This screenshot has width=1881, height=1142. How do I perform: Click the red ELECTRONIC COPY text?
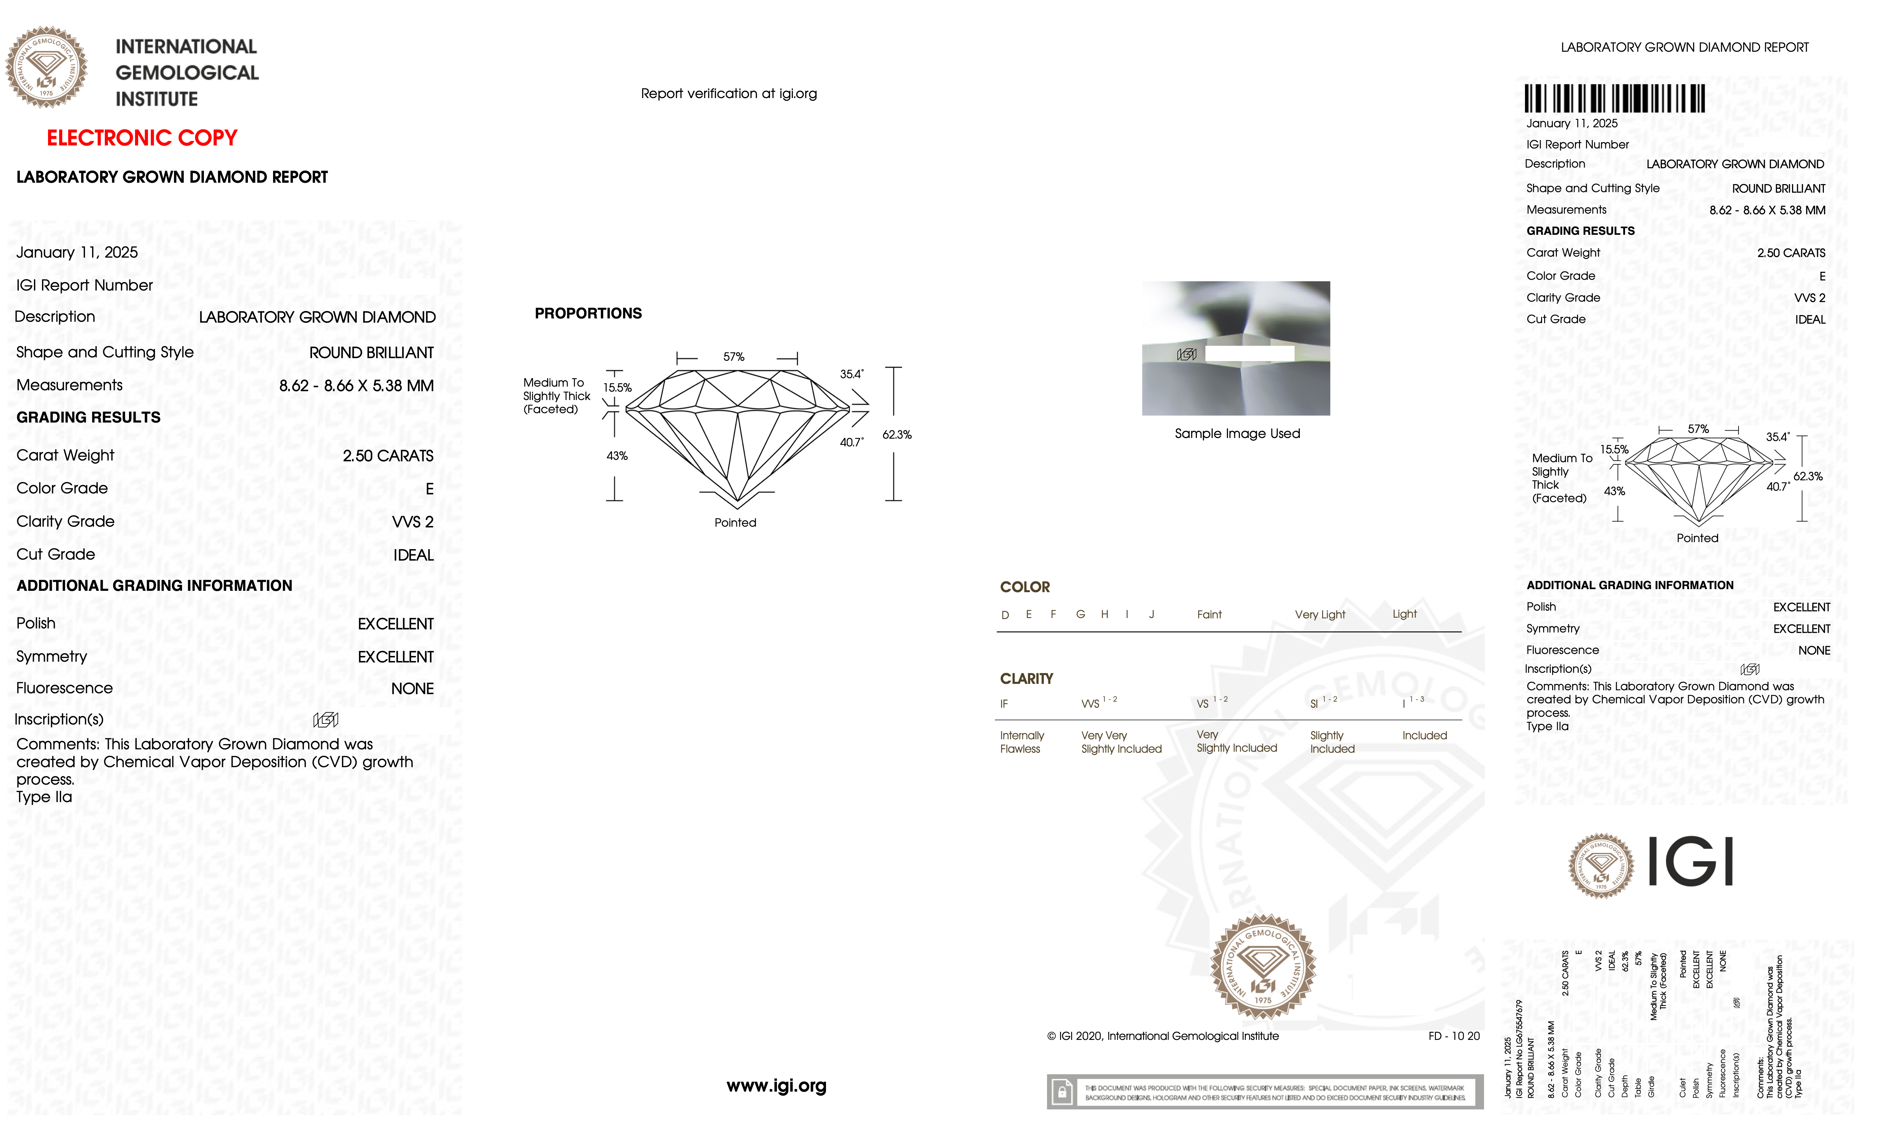[x=142, y=138]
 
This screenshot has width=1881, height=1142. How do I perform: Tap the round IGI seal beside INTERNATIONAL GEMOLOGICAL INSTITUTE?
[x=47, y=67]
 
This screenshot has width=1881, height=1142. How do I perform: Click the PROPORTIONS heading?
[x=588, y=314]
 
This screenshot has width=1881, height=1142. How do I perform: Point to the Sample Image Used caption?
[x=1237, y=434]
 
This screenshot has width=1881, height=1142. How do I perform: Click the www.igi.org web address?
[x=776, y=1086]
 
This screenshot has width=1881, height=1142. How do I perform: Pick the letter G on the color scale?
[x=1080, y=615]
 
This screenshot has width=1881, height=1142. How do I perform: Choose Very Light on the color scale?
[x=1320, y=615]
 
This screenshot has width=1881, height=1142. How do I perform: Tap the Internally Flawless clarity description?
[x=1021, y=742]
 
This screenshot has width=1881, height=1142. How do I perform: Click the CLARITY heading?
[x=1026, y=678]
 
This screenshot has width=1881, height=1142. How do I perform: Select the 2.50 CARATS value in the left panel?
[x=388, y=456]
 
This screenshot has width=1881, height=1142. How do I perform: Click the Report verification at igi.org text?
[x=728, y=94]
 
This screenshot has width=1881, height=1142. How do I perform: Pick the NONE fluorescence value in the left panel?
[x=412, y=689]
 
